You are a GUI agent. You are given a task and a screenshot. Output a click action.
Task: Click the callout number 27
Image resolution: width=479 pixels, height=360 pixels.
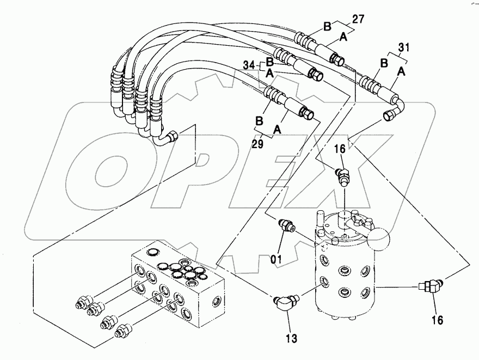point(358,19)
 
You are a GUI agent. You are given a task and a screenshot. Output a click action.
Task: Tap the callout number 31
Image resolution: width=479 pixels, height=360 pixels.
point(403,47)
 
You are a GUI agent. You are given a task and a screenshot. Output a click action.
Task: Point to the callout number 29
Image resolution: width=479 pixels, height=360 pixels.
point(257,144)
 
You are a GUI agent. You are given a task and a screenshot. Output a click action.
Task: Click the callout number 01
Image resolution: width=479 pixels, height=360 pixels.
point(277,259)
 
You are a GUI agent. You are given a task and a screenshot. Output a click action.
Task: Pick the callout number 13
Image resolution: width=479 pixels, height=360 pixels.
point(291,338)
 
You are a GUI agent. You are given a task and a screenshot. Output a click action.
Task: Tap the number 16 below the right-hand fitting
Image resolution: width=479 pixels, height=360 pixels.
point(437,320)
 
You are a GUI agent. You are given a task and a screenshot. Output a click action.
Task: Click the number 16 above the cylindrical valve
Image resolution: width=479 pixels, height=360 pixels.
point(340,149)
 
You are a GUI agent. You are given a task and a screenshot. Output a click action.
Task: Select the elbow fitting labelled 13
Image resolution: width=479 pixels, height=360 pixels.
point(286,303)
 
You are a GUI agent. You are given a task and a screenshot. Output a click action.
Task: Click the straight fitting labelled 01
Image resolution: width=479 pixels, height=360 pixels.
point(286,227)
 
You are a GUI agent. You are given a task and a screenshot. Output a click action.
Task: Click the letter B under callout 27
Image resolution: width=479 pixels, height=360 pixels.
point(327,27)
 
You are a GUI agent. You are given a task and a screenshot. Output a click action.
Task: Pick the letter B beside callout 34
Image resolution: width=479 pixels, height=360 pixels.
point(269,62)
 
